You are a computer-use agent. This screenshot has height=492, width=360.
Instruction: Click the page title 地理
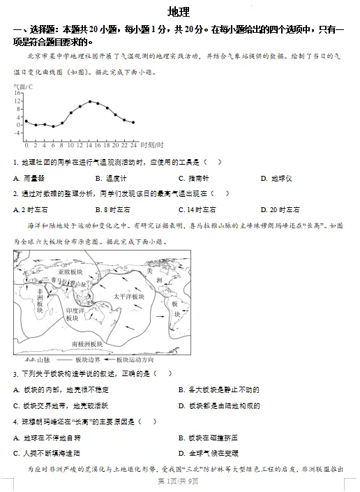tap(179, 12)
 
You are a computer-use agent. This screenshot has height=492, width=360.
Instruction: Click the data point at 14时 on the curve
tap(89, 102)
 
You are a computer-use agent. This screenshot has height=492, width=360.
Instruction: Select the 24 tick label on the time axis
tap(133, 144)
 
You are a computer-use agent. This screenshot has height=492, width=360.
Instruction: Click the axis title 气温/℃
tap(23, 87)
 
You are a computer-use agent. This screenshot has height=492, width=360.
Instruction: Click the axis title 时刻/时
tap(151, 144)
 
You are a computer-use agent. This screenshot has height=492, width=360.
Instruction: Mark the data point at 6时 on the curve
tap(53, 127)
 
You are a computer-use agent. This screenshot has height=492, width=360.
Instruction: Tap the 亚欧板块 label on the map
tap(71, 271)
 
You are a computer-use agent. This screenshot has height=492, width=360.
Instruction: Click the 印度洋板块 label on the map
tap(73, 314)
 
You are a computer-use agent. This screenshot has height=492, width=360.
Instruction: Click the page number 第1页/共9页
tap(179, 482)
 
